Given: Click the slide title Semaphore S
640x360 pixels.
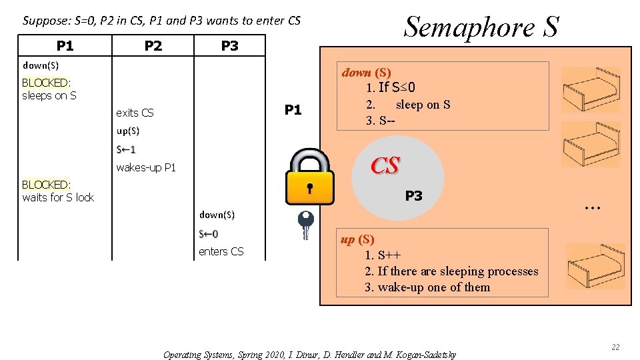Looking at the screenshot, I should (x=481, y=27).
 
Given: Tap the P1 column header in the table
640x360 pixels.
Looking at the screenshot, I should (x=65, y=45).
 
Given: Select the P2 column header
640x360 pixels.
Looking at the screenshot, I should (x=153, y=45).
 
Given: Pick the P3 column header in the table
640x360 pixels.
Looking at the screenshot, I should (x=229, y=45).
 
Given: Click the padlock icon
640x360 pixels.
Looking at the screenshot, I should (x=309, y=177).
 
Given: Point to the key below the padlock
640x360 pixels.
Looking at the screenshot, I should (x=305, y=225).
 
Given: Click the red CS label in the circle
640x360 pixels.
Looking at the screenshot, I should (x=385, y=166).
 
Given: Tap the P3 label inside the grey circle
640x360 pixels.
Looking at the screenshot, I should (x=413, y=196).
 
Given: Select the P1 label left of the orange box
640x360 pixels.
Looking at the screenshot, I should (x=293, y=110).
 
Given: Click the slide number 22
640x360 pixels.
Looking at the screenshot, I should (x=615, y=347).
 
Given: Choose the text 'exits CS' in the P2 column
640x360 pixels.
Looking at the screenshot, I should (x=135, y=113).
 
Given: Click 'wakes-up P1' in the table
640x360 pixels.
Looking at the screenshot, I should (x=146, y=167).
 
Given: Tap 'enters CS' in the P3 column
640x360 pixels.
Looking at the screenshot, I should (x=221, y=251).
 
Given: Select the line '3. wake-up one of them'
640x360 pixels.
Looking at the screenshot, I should (x=427, y=287).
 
